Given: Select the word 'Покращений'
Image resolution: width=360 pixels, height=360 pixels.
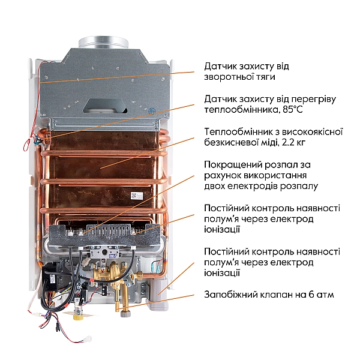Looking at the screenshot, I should [232, 164].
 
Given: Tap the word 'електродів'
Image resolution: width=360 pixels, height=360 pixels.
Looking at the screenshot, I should [255, 186].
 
